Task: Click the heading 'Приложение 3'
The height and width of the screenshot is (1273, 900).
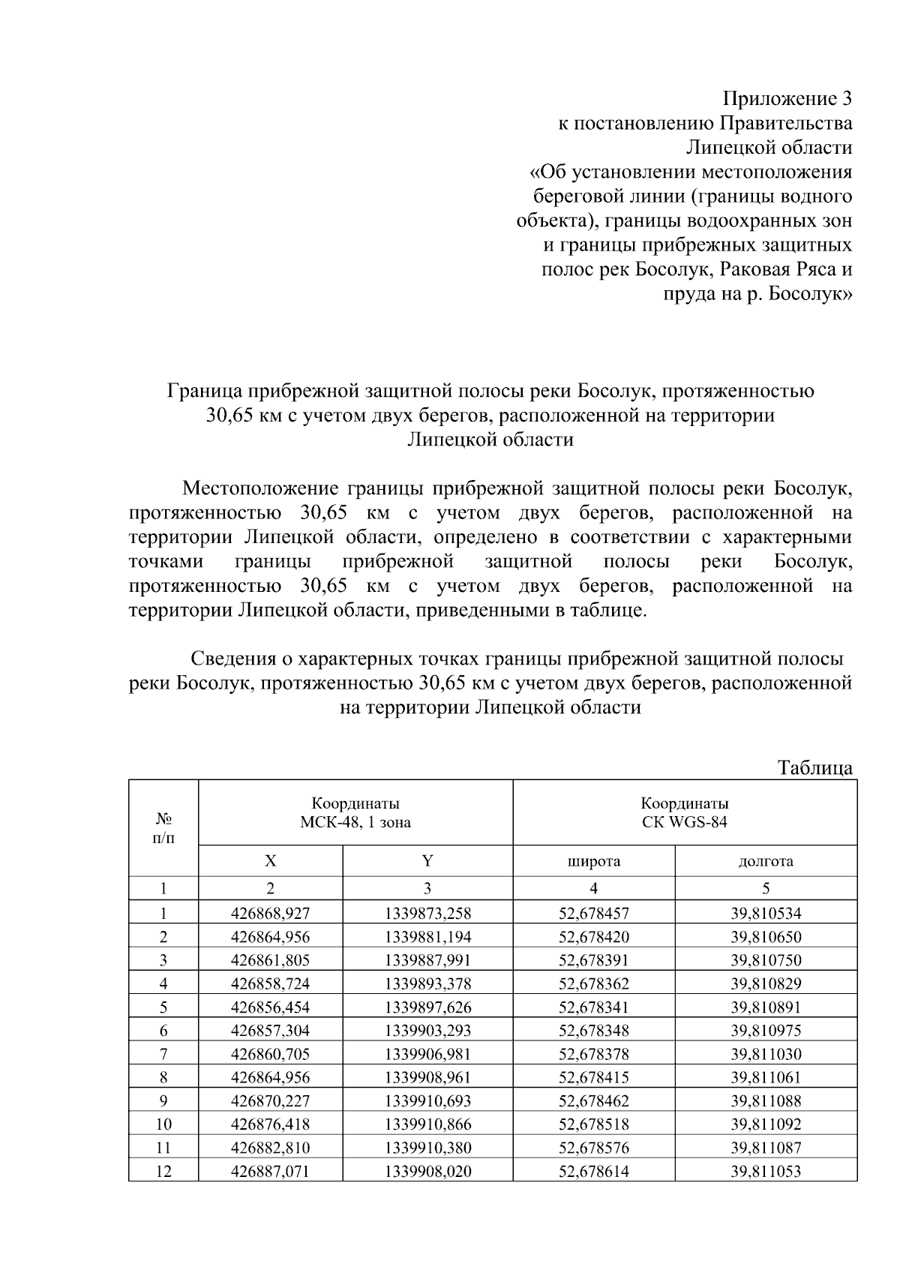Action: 787,99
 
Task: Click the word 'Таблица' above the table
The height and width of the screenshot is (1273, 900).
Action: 814,767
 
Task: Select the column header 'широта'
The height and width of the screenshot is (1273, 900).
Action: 593,861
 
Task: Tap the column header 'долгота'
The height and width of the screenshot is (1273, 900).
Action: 766,861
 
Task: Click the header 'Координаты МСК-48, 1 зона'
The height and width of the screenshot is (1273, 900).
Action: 355,812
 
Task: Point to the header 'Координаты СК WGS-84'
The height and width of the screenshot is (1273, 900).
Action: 684,812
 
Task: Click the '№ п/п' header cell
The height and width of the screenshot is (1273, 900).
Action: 163,828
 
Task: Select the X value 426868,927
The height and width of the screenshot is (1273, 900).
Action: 270,914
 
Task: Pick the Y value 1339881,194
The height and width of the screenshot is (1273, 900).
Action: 427,937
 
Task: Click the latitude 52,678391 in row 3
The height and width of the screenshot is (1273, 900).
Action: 593,960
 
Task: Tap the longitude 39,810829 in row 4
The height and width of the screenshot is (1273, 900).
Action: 766,983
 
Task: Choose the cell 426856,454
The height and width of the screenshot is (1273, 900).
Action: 270,1007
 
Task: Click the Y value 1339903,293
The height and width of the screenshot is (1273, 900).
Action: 427,1030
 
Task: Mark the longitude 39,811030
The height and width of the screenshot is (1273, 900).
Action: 766,1054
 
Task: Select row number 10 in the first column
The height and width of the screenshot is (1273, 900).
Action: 163,1124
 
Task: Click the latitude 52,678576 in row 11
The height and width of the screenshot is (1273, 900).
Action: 593,1147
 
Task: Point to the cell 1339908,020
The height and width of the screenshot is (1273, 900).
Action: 427,1170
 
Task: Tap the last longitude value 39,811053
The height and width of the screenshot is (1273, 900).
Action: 766,1170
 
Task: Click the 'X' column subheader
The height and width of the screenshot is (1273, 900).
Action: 270,861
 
